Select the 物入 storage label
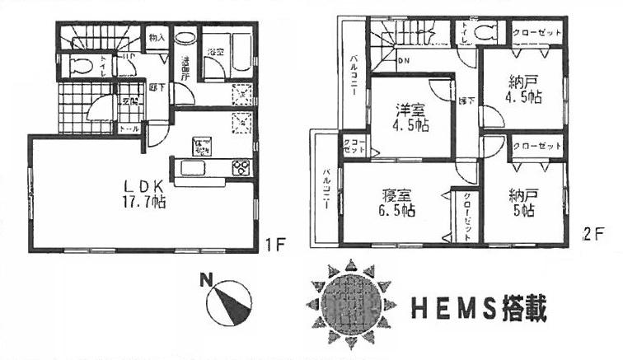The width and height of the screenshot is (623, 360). pos(157,37)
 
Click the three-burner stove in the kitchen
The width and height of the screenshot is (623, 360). pos(242,168)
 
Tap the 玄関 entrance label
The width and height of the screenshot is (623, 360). pos(129,101)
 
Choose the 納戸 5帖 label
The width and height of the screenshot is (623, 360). pos(522,203)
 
